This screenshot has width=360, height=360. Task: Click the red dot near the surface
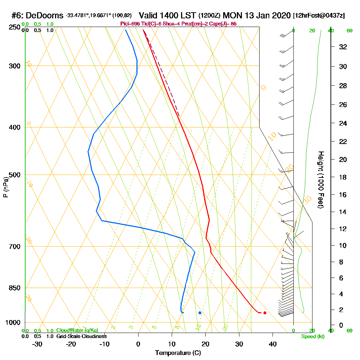point(265,313)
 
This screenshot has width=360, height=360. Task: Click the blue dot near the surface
point(200,313)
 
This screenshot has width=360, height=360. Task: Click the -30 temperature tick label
point(37,344)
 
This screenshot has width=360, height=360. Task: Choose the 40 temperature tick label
point(273,344)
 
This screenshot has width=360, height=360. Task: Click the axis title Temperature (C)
point(178,353)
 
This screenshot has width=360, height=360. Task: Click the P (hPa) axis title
point(5,187)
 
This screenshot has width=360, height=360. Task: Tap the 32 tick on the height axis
point(343,47)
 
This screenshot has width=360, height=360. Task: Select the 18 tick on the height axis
point(343,177)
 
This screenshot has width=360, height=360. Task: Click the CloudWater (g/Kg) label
point(77,330)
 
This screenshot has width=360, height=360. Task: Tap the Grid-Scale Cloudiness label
point(81,336)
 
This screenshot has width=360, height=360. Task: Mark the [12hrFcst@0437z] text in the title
point(319,16)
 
